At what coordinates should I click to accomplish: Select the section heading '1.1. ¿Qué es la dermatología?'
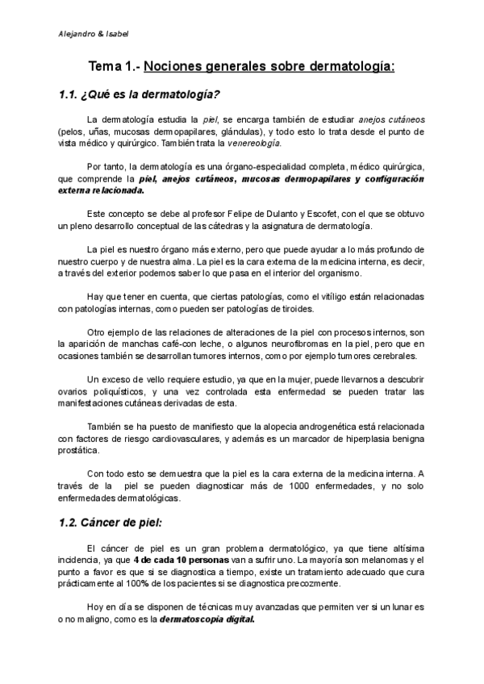(x=140, y=94)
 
